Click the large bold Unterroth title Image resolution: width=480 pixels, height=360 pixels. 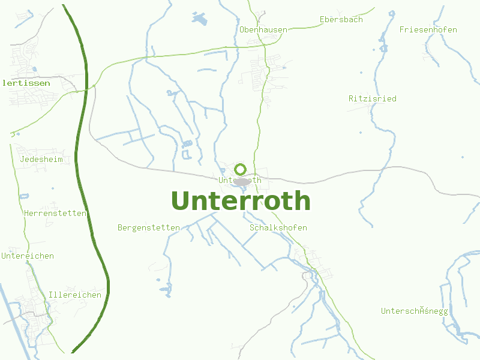point(241,201)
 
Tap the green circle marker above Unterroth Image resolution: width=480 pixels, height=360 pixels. point(241,169)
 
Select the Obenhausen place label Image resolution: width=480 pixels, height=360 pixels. point(263,29)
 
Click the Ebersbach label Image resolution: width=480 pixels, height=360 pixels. point(341,19)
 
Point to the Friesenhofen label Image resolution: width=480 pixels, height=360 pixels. point(428,29)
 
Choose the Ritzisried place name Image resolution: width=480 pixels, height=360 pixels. point(372,98)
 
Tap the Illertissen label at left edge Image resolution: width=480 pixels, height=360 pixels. point(26,83)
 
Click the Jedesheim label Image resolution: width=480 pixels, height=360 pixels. point(41,159)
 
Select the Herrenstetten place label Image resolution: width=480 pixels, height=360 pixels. point(55,213)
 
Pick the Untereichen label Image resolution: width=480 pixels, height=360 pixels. point(28,256)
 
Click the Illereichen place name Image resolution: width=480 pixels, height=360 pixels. point(75,295)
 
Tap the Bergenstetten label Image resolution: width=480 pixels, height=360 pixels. point(149,227)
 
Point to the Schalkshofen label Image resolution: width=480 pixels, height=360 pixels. point(278,227)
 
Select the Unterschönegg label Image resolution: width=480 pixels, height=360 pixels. point(414,311)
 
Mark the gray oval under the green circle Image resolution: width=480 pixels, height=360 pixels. point(242,181)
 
